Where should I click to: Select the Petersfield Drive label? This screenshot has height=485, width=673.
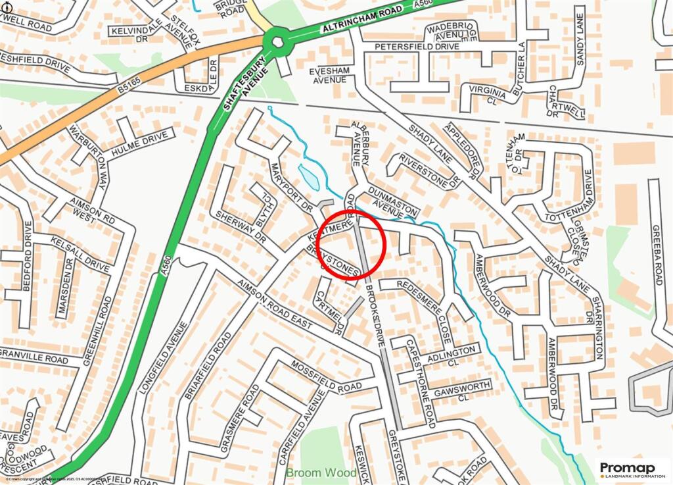point(417,47)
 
